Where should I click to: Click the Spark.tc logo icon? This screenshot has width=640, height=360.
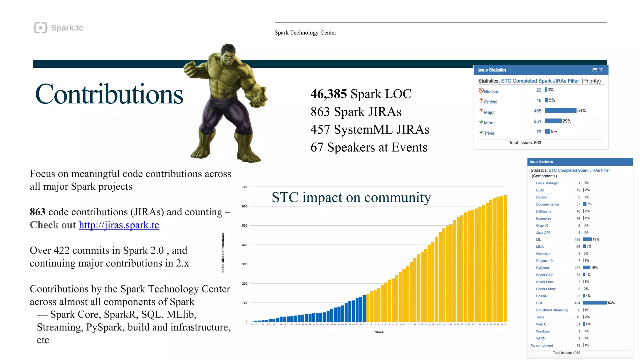click(40, 28)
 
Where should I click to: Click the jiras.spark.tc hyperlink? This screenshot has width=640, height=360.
click(119, 225)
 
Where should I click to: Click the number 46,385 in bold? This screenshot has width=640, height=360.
click(328, 94)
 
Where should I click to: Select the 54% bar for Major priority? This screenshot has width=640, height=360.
click(560, 111)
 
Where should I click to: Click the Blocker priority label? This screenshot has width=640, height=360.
click(491, 92)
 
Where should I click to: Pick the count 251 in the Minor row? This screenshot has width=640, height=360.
click(537, 121)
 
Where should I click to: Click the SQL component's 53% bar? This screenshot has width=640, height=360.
click(595, 303)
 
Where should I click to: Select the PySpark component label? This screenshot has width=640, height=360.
click(542, 268)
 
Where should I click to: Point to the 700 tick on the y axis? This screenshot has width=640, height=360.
click(245, 187)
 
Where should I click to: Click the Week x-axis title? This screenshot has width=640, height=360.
click(379, 332)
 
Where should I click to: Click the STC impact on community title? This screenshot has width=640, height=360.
click(351, 197)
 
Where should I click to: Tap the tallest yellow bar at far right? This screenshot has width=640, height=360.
click(505, 258)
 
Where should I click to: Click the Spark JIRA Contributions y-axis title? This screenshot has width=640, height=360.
click(223, 253)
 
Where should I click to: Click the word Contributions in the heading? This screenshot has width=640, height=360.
click(109, 94)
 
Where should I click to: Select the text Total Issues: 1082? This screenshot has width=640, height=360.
click(566, 353)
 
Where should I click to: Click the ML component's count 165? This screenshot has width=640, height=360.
click(577, 240)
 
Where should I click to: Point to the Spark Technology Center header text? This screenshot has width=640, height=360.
click(305, 33)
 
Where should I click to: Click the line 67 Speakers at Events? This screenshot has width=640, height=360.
click(369, 147)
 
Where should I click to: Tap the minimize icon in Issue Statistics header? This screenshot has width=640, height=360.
click(595, 70)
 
